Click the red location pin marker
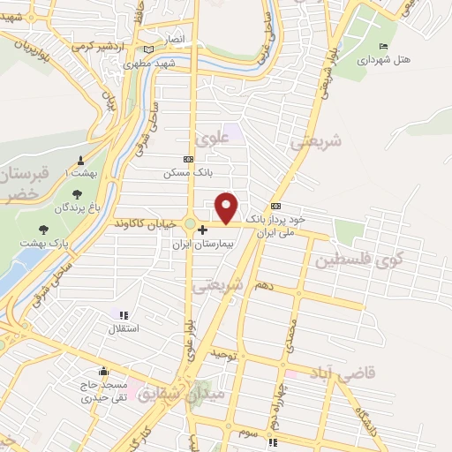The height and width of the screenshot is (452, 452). [x=228, y=207]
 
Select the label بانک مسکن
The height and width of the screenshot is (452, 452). [x=183, y=173]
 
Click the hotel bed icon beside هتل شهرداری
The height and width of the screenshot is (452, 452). [x=382, y=47]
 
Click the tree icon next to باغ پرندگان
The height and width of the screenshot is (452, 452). [x=77, y=193]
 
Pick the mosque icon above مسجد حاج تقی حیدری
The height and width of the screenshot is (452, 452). [x=104, y=371]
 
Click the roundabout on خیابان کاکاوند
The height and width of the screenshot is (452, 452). [x=190, y=223]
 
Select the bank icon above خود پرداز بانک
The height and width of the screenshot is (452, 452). [x=275, y=204]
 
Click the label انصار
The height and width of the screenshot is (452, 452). [x=173, y=40]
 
